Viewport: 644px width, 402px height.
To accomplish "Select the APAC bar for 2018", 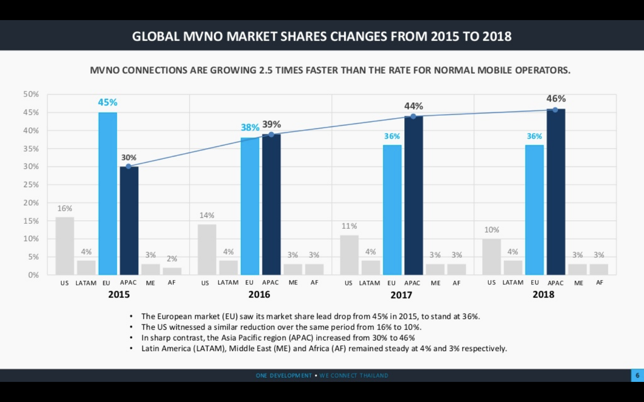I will [x=556, y=192].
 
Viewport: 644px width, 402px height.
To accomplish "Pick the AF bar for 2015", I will [x=172, y=271].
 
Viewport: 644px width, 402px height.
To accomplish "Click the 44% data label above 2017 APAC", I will [x=413, y=106].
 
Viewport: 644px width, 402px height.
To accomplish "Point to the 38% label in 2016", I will [x=250, y=128].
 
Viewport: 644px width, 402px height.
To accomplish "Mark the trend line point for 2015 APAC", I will [x=129, y=166].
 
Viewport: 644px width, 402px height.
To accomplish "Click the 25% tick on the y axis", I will [x=31, y=184].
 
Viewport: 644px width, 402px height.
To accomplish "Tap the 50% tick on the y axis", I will [x=31, y=94].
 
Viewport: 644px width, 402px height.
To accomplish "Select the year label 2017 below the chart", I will [x=401, y=295].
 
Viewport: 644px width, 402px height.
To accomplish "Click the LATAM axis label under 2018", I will [x=513, y=283].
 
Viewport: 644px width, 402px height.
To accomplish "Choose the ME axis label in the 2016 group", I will [x=293, y=283].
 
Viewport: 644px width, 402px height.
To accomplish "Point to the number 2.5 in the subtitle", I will [x=266, y=70].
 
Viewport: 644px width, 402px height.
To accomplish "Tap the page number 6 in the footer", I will [x=637, y=375].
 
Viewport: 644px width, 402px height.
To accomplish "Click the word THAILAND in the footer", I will [x=374, y=376].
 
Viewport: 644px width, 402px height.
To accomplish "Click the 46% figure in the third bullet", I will [x=407, y=338].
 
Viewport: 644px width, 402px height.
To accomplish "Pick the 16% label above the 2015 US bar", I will [x=64, y=209].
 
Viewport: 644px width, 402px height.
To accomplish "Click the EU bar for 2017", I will [x=392, y=209].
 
